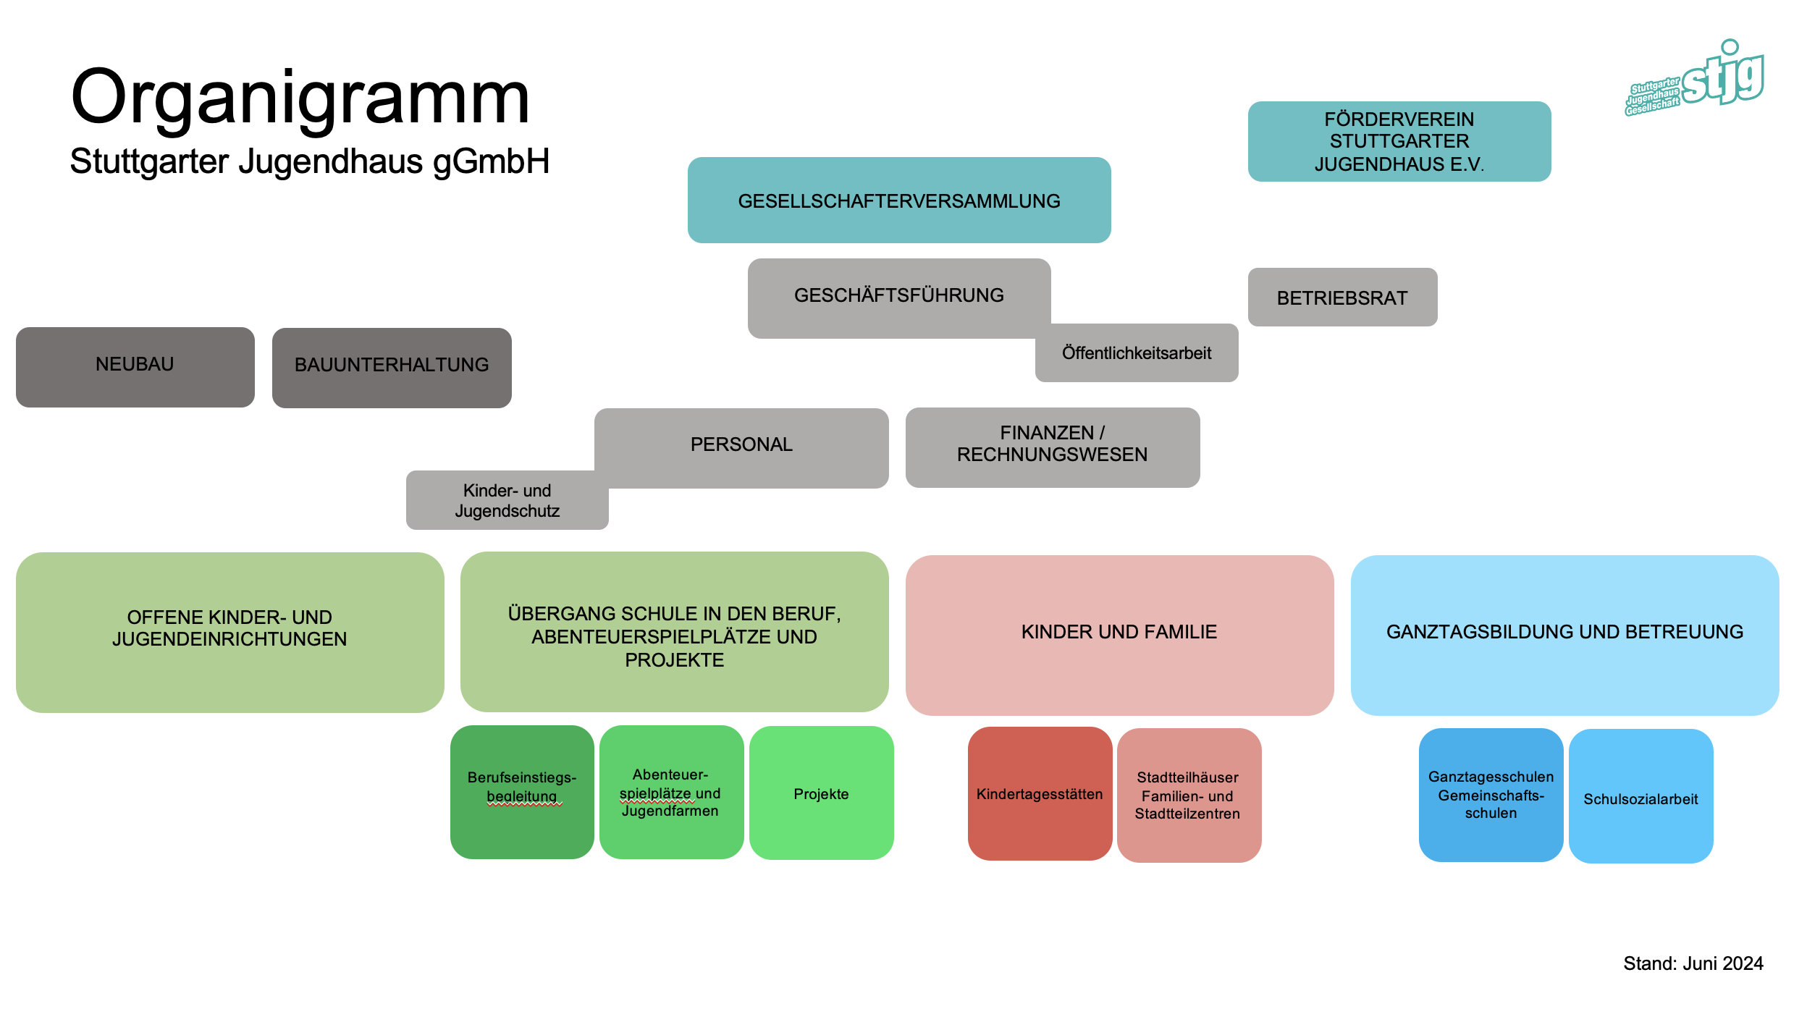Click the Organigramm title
pyautogui.click(x=300, y=98)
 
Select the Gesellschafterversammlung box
pyautogui.click(x=898, y=200)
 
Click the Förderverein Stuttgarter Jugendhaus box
pyautogui.click(x=1399, y=141)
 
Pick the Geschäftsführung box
pyautogui.click(x=898, y=295)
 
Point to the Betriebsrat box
pyautogui.click(x=1342, y=297)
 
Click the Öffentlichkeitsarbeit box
pyautogui.click(x=1137, y=353)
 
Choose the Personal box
pyautogui.click(x=741, y=444)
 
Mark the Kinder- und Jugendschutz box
pyautogui.click(x=507, y=501)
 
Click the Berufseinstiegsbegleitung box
pyautogui.click(x=522, y=792)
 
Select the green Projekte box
pyautogui.click(x=821, y=793)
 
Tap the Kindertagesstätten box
pyautogui.click(x=1040, y=794)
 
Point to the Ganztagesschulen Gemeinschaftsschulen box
pyautogui.click(x=1491, y=795)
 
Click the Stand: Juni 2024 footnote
pyautogui.click(x=1693, y=963)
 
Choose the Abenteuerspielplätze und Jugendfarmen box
pyautogui.click(x=671, y=793)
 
